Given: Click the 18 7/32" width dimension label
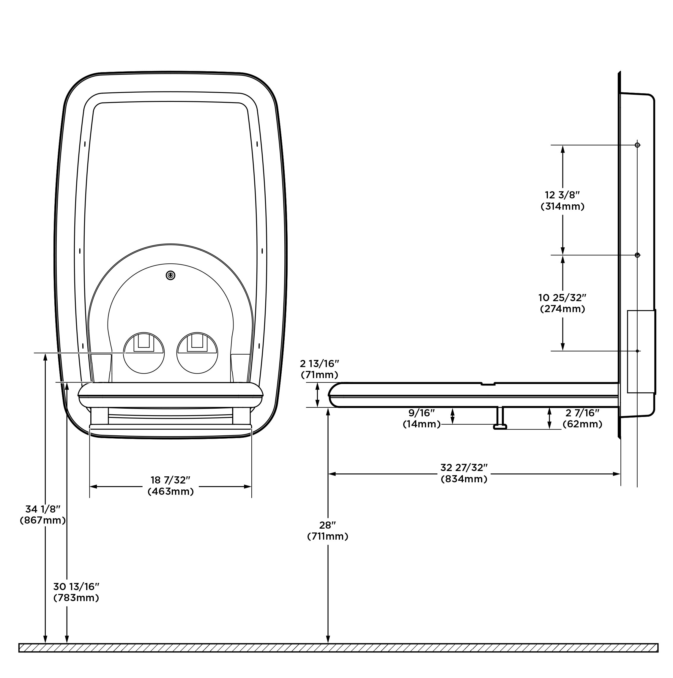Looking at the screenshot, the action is (x=171, y=486).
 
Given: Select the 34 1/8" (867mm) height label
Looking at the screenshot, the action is (x=43, y=514).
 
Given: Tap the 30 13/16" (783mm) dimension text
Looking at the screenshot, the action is (x=76, y=592).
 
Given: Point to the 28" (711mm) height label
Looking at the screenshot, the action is (x=327, y=531).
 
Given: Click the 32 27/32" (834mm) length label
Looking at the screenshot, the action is (x=464, y=473).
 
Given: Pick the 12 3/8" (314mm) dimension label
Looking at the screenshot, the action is (x=562, y=200).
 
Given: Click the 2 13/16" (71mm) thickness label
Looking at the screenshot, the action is (x=319, y=369).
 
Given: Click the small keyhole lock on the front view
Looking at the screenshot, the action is (x=171, y=276).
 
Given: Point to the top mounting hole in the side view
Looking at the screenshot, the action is (x=637, y=145).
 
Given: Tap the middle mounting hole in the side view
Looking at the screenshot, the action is (x=637, y=255).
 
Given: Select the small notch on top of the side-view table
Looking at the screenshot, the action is (x=488, y=384).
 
